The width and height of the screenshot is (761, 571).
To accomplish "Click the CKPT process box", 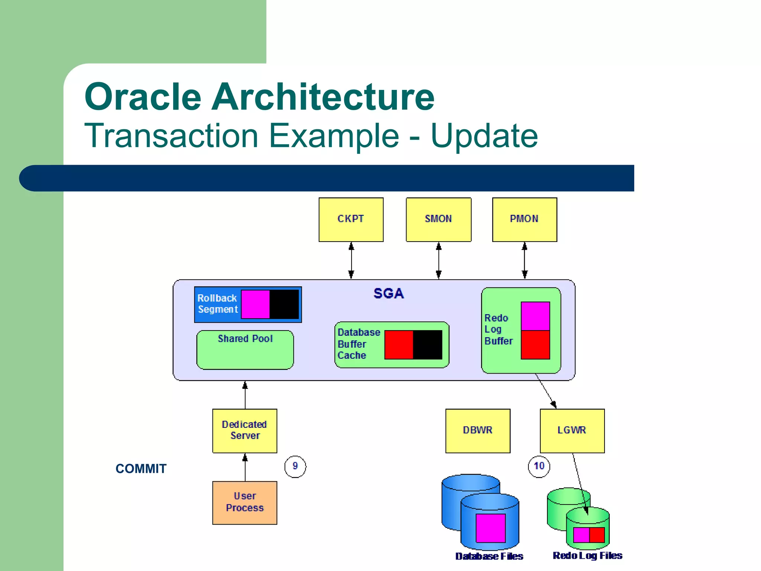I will tap(351, 219).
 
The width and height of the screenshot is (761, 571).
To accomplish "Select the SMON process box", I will tap(438, 219).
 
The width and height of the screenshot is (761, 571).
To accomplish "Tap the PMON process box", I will tap(524, 219).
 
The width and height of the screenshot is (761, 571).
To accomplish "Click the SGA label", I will tap(388, 294).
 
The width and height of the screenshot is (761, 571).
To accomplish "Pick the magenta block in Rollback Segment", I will tap(255, 304).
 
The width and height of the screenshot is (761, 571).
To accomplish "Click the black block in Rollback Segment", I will tap(284, 304).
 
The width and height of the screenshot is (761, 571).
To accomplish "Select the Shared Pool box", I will tap(245, 350).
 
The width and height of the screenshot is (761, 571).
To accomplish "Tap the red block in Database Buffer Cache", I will tap(399, 345).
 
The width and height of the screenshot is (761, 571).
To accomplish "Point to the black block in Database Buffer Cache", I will tap(428, 345).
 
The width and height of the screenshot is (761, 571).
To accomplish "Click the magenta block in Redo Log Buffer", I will tap(535, 316).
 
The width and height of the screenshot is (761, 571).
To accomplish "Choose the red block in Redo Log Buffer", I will tap(535, 345).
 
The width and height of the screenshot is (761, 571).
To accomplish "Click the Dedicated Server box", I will tap(245, 430).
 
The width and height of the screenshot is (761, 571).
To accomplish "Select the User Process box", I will tap(245, 503).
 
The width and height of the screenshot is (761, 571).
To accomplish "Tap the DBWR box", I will tap(477, 430).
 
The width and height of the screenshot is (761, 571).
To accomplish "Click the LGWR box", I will tap(572, 430).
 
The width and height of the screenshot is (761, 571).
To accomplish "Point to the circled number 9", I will tap(295, 466).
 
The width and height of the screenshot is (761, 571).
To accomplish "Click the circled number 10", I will tap(539, 466).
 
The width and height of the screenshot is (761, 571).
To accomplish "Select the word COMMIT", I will tap(141, 469).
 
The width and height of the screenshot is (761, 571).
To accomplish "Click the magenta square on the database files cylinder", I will tap(490, 528).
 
